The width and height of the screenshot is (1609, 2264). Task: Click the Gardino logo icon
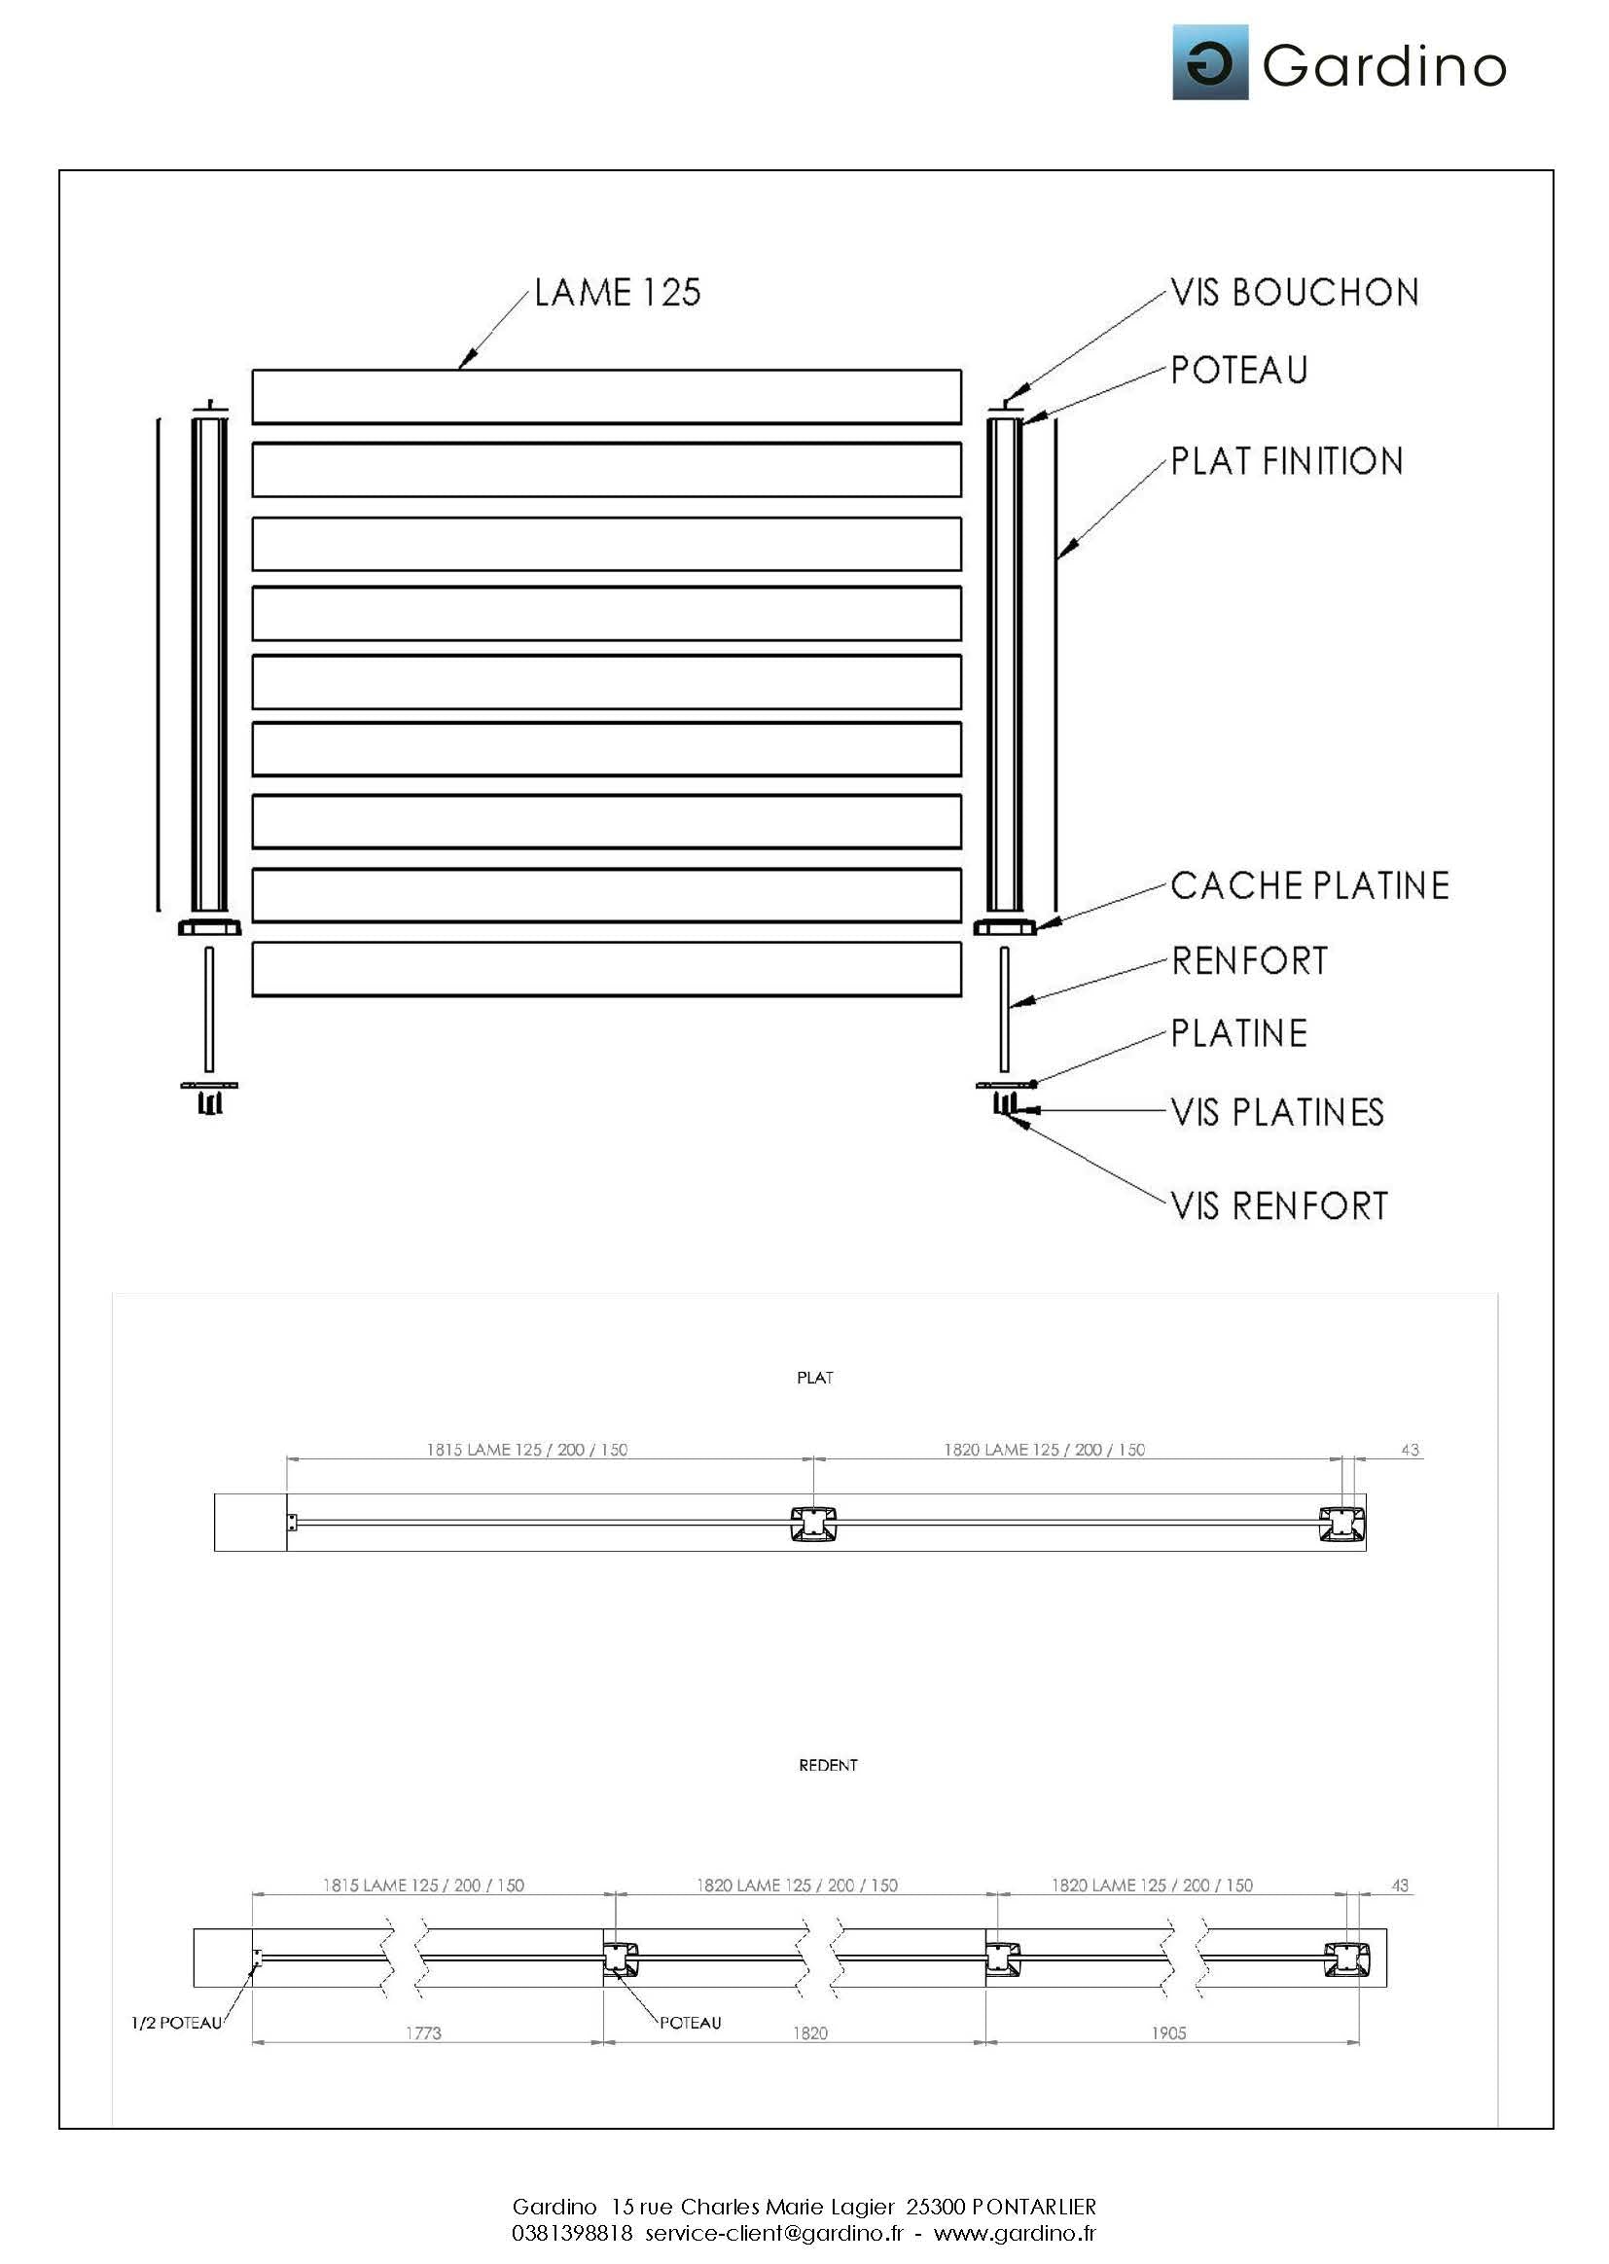coord(1210,62)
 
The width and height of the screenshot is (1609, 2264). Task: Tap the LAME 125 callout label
coord(618,292)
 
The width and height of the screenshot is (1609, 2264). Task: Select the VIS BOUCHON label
coord(1295,292)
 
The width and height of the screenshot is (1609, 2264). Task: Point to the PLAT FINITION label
coord(1287,461)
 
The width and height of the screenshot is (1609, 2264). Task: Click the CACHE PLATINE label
coord(1309,884)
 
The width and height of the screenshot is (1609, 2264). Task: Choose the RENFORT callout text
coord(1249,960)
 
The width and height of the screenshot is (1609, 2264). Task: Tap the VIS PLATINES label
coord(1277,1112)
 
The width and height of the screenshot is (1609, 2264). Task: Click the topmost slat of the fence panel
coord(606,396)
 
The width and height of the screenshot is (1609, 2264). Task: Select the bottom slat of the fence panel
coord(606,968)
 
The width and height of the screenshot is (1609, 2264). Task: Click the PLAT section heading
coord(814,1378)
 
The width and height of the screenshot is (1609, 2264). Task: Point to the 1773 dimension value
coord(423,2033)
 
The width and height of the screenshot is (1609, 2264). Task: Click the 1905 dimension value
coord(1168,2033)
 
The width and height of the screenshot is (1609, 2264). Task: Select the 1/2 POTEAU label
coord(176,2023)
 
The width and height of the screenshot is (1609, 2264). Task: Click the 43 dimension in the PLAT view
coord(1410,1450)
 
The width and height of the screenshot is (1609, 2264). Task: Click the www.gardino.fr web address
coord(1015,2232)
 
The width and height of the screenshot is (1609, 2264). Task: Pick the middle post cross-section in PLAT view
coord(812,1524)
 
